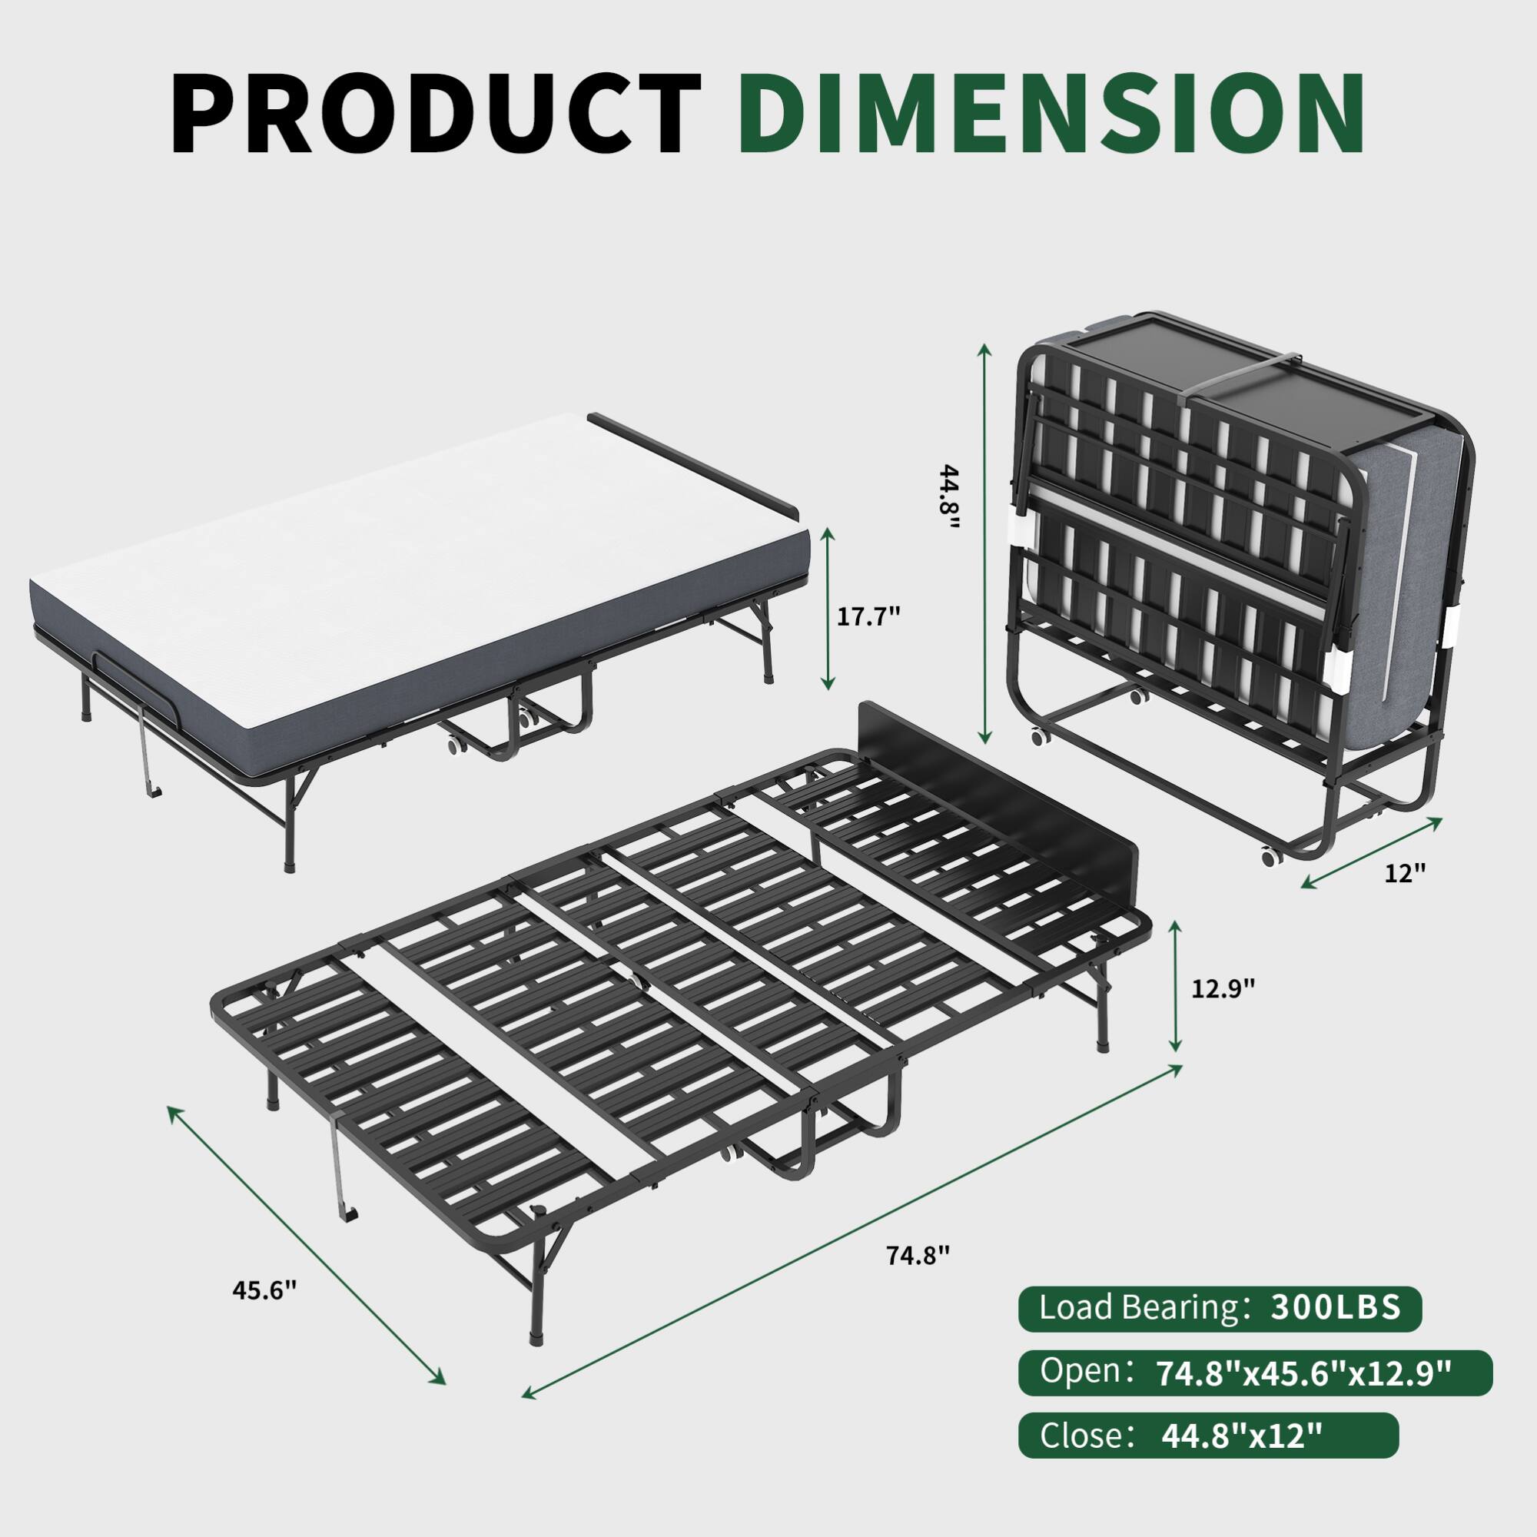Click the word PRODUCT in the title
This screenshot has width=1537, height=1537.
[436, 113]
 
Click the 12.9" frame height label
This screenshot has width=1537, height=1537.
[1223, 988]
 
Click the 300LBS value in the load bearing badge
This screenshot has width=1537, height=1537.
[1336, 1309]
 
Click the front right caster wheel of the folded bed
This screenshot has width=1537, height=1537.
[1268, 858]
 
